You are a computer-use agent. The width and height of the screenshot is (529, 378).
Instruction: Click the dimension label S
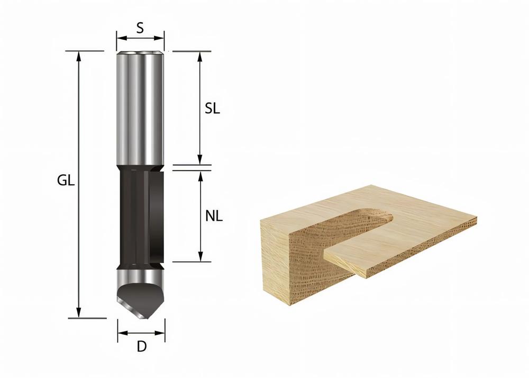(140, 28)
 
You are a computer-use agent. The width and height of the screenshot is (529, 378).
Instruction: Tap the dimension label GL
(66, 181)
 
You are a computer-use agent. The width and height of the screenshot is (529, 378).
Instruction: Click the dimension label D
(141, 347)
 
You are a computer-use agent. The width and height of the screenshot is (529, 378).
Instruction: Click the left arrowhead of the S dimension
(120, 38)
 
